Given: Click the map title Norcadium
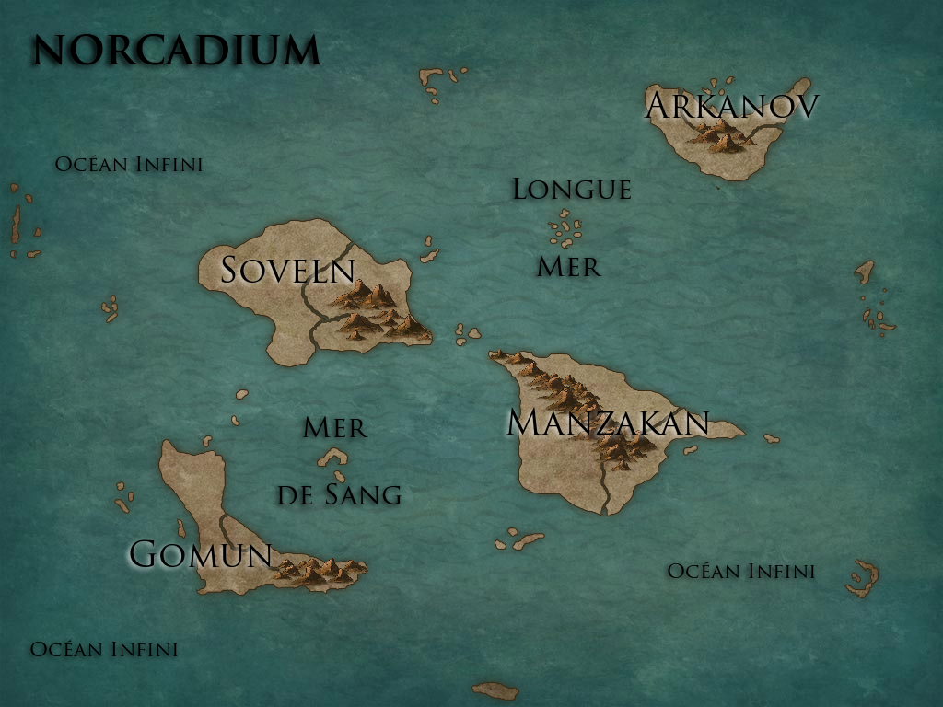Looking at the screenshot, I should pos(176,51).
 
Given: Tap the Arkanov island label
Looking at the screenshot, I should pos(732,106).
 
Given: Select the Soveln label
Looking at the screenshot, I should pos(287,270).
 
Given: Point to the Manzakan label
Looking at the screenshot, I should pos(608,423).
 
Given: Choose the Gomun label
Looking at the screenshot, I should pos(200,554).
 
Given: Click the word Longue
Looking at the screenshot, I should pos(572,190).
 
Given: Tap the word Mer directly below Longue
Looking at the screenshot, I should pos(568,267).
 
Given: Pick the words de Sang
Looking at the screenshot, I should pos(339,495).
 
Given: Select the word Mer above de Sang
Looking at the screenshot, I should pos(334,427).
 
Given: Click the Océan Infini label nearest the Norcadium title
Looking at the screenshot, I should pos(129,165).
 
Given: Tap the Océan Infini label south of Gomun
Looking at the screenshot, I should pos(104,649).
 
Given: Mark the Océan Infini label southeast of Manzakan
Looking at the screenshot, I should pos(740,572).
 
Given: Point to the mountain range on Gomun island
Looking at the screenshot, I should pos(318,571).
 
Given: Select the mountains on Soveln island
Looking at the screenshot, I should pos(378,311).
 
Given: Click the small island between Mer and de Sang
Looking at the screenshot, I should pos(332,458).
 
